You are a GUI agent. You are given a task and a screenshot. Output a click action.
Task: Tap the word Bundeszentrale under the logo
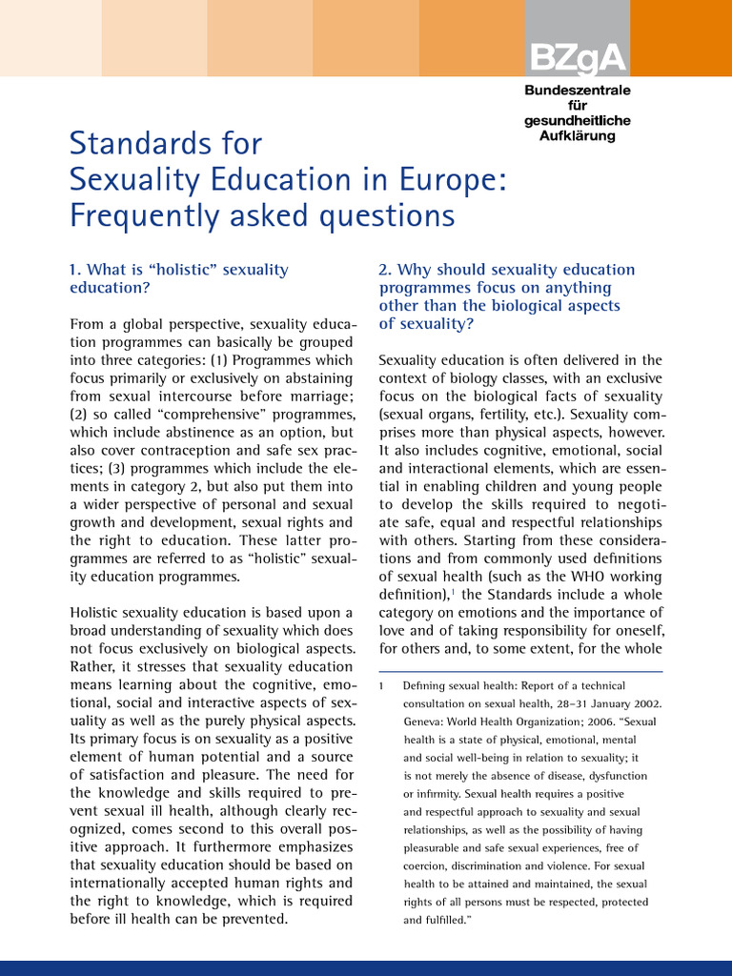577,90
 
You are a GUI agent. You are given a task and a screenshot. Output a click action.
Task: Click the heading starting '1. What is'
178,277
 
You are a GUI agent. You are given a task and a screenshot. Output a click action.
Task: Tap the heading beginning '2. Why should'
506,296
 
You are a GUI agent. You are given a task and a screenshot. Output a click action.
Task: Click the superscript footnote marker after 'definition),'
451,591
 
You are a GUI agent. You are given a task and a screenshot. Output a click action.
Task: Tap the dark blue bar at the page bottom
366,967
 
